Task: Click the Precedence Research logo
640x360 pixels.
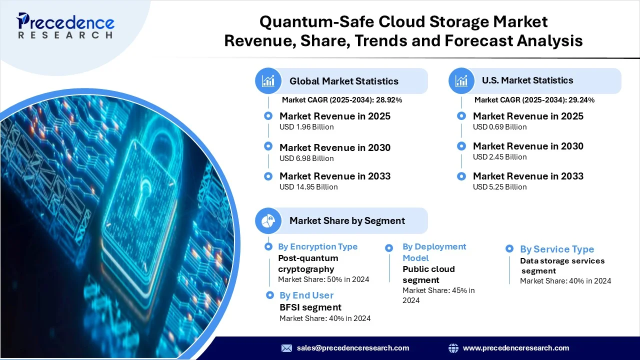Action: (65, 25)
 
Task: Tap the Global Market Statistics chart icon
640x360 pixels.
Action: (268, 81)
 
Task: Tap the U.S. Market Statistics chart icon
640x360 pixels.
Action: (461, 81)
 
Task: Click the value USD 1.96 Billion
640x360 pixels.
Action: (306, 127)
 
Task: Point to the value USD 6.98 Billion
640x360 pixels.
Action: (306, 158)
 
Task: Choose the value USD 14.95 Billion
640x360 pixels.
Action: (308, 187)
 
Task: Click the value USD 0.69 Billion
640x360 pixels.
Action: (499, 127)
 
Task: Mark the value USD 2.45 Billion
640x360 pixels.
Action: (499, 157)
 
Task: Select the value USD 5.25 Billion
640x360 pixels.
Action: (499, 187)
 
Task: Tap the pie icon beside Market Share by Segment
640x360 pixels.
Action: (268, 220)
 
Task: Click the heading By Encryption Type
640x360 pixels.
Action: (317, 246)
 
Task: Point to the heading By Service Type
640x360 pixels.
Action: (557, 249)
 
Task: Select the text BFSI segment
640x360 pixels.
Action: (310, 307)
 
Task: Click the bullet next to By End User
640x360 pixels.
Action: (269, 295)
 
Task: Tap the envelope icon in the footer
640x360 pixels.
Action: (286, 348)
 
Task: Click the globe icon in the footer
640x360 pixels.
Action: (453, 348)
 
